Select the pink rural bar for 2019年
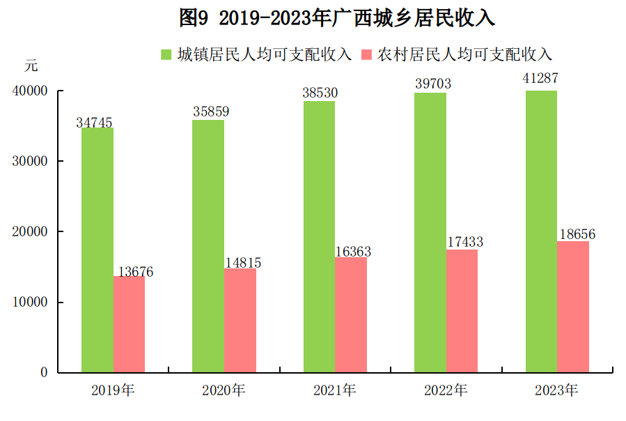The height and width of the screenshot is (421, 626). point(129,324)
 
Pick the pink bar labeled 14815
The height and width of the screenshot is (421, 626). point(240,320)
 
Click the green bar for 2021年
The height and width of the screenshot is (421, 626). point(319,236)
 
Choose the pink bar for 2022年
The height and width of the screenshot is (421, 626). point(462,311)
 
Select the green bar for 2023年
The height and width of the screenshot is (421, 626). point(541,231)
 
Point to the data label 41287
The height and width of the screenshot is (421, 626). point(541,79)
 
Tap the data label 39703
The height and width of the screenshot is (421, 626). point(432,84)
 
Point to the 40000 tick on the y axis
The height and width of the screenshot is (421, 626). point(29,91)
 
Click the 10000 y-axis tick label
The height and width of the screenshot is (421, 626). point(29,302)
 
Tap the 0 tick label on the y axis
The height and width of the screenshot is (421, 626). point(43,372)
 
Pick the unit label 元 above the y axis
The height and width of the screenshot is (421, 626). point(31,67)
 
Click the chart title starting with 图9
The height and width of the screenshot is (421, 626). point(336,18)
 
